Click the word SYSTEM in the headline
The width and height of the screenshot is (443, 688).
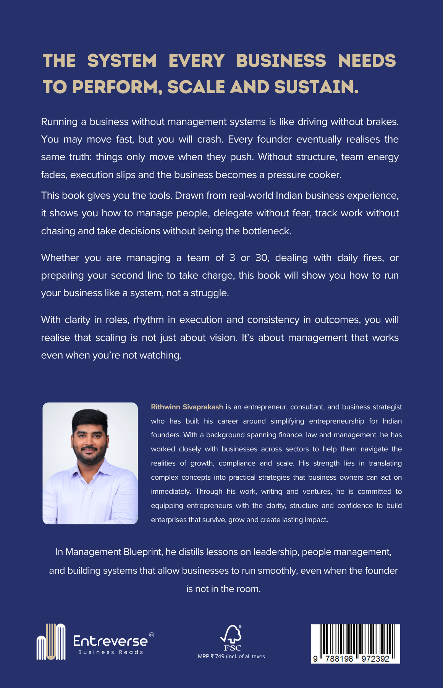point(122,61)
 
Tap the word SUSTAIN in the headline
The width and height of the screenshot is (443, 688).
point(316,87)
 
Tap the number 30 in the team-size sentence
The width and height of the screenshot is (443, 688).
point(262,258)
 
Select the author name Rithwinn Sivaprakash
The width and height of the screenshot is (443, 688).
point(187,407)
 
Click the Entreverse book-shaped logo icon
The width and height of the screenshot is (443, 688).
point(51,642)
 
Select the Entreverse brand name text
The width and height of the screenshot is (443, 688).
point(110,641)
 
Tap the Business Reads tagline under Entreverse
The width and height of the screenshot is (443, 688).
point(110,652)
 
